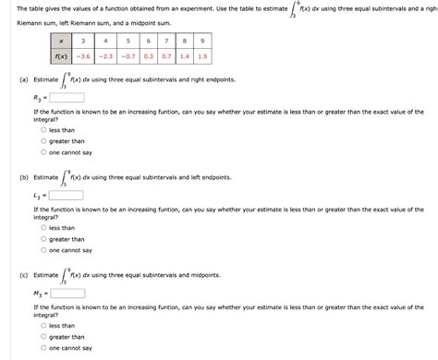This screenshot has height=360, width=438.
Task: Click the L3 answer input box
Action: tap(67, 195)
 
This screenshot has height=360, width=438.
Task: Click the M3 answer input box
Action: tap(67, 294)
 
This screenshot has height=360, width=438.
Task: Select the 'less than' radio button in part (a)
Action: tap(43, 130)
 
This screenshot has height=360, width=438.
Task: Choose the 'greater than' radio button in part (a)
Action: tap(43, 141)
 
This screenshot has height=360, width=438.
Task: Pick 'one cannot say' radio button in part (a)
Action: tap(43, 152)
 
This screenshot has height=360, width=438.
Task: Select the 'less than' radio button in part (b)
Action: tap(43, 228)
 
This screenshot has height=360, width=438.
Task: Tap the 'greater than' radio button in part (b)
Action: tap(43, 239)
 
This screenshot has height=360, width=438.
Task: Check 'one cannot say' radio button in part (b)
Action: tap(43, 250)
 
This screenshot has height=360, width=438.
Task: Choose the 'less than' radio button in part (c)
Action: tap(43, 326)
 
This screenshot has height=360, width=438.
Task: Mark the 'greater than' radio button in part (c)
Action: tap(43, 337)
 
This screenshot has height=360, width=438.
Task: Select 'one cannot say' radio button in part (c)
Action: tap(43, 348)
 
